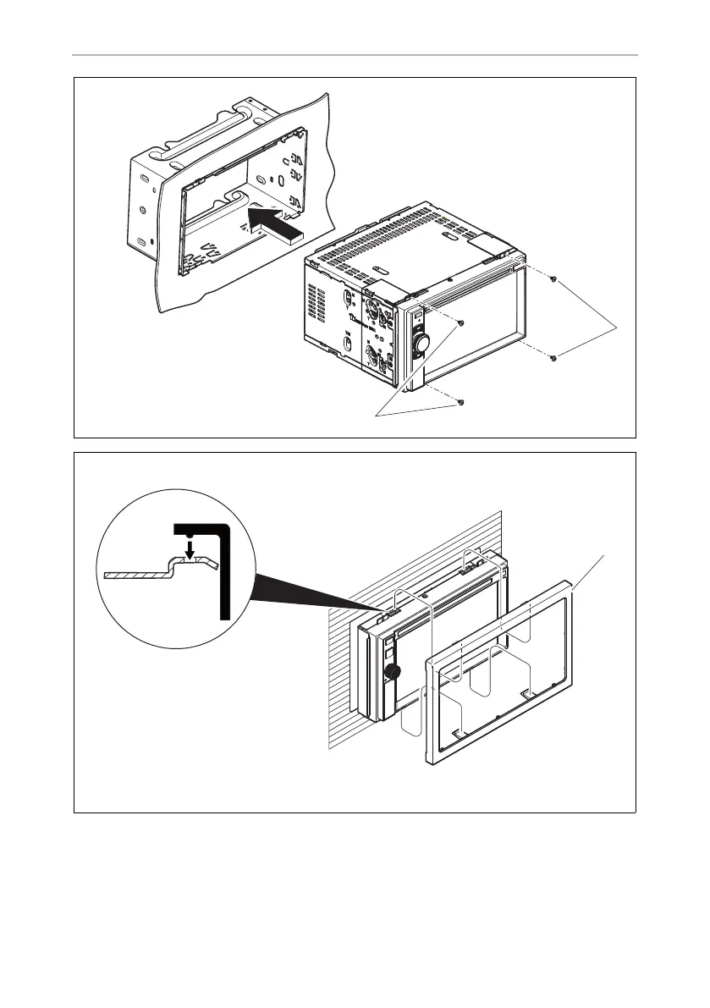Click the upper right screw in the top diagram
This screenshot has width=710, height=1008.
[552, 279]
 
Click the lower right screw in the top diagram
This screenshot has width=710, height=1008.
[552, 359]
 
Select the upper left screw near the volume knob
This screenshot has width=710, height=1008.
[460, 323]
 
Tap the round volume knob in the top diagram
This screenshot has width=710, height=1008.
[421, 342]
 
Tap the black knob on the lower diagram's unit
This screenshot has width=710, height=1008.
[392, 672]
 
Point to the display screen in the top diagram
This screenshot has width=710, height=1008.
[474, 330]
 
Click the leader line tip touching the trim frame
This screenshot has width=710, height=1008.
[576, 586]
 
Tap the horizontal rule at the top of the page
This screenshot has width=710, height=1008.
[355, 56]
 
